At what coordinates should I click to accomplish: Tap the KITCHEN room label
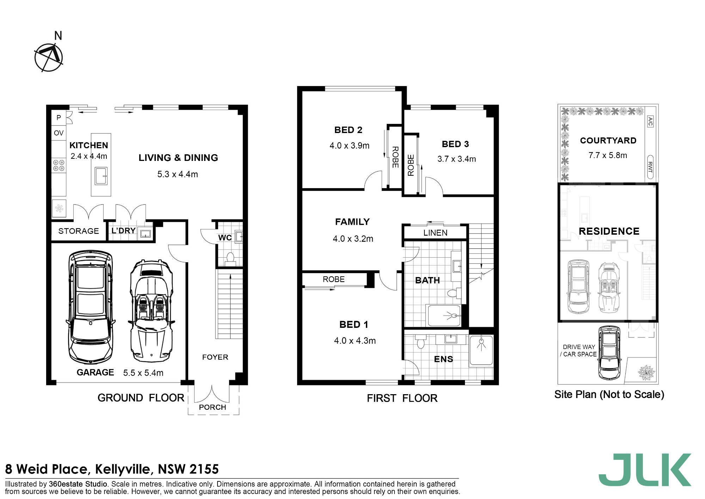[89, 145]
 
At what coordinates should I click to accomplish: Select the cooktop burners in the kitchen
[59, 166]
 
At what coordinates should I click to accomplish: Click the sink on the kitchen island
[101, 176]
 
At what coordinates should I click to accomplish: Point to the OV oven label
[59, 133]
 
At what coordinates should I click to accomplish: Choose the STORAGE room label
[79, 231]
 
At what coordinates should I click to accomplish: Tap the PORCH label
[212, 407]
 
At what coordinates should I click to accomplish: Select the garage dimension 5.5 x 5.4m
[143, 373]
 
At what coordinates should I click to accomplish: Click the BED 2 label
[348, 130]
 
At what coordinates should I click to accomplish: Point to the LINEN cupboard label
[435, 233]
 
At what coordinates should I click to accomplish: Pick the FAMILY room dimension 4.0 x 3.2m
[353, 239]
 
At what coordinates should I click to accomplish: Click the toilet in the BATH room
[454, 293]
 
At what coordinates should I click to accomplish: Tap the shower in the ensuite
[481, 350]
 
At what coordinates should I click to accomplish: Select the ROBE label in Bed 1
[333, 279]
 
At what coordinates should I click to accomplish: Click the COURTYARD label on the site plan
[608, 140]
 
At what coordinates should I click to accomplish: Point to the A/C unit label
[650, 121]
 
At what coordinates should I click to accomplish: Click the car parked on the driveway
[609, 353]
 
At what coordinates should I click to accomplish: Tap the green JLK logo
[645, 470]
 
